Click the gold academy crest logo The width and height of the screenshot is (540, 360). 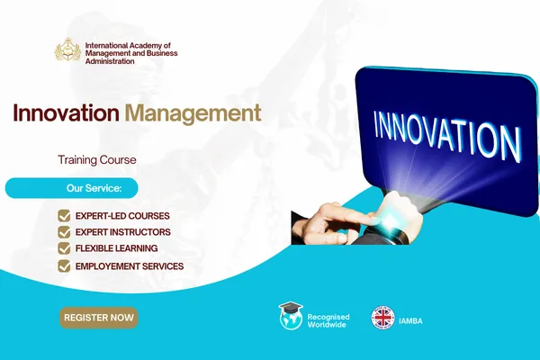(x=68, y=49)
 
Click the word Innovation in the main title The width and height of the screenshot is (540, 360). (x=66, y=113)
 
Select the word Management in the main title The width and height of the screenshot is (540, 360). (x=193, y=113)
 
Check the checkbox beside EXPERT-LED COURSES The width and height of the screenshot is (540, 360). (x=64, y=216)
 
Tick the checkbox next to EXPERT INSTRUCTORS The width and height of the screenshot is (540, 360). (x=64, y=232)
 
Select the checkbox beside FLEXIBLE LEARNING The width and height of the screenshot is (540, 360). (x=64, y=248)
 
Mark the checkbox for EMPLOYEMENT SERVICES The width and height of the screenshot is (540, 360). (x=64, y=265)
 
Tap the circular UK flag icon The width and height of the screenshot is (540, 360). (x=383, y=317)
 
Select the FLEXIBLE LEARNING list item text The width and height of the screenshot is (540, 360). (x=117, y=248)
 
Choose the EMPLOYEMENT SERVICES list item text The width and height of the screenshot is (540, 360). (x=130, y=265)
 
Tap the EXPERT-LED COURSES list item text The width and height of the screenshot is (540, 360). (x=122, y=216)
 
